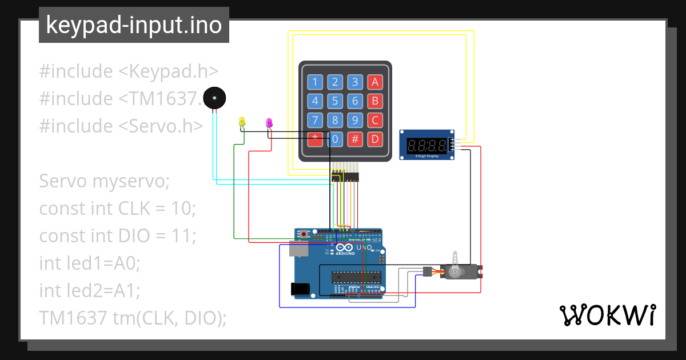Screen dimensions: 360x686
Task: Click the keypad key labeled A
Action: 374,82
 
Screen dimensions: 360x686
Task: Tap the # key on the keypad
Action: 355,138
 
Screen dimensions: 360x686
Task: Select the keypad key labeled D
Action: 374,138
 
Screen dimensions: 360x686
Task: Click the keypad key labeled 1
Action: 314,82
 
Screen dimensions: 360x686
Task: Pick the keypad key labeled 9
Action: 355,120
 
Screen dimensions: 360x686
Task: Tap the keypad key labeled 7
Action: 314,120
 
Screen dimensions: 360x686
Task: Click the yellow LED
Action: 242,122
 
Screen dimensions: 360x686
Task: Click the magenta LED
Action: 269,122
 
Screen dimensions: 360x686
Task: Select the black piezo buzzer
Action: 215,98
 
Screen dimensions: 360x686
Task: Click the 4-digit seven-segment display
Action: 426,145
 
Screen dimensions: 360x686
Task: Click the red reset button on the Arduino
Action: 304,234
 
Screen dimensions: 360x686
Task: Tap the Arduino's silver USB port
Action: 298,249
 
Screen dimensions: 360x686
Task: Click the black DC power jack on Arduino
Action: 300,289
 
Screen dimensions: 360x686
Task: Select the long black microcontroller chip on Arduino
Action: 357,277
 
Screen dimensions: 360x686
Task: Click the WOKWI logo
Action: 607,315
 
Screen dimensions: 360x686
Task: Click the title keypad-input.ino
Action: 134,25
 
